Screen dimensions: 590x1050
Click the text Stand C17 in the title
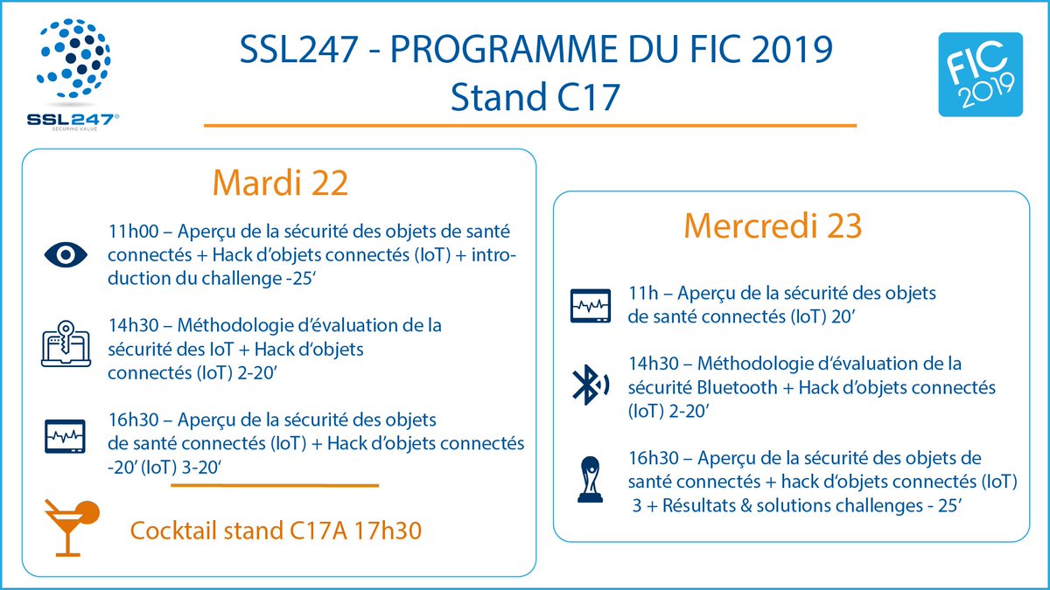click(x=535, y=96)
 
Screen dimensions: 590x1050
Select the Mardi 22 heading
click(x=280, y=184)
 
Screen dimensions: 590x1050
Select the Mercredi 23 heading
click(x=773, y=226)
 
